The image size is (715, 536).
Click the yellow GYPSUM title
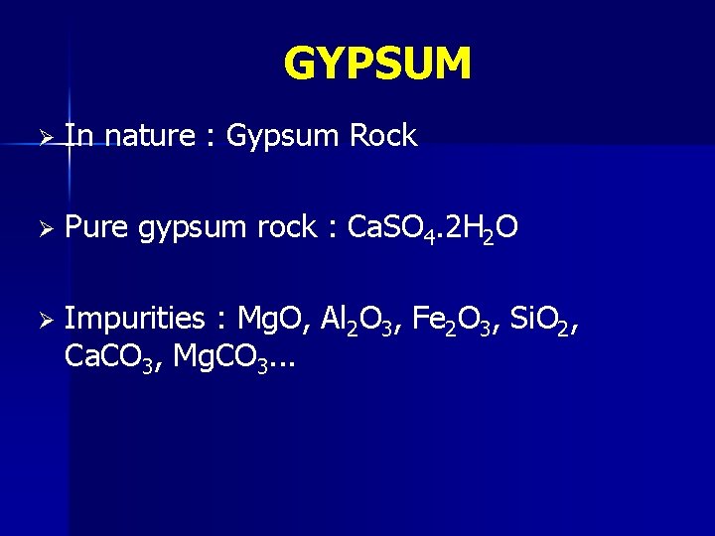coord(377,65)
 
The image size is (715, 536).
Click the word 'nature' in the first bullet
coord(149,136)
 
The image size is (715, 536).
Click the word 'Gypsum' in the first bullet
coord(283,137)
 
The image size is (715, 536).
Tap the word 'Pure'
coord(95,228)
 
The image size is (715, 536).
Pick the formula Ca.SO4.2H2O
coord(429,229)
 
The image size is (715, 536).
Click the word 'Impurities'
coord(134,319)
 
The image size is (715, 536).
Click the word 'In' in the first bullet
coord(78,136)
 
